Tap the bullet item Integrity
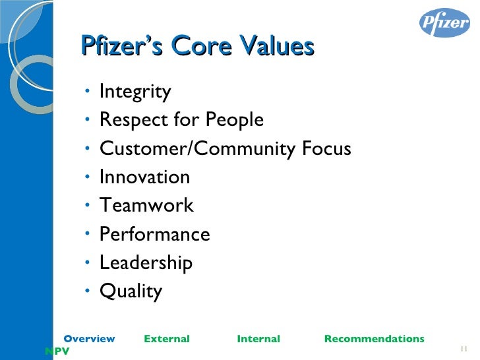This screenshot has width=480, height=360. (135, 92)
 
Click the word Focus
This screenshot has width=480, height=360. (326, 149)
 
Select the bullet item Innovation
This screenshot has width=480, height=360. (144, 177)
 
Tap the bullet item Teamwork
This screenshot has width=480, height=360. (146, 206)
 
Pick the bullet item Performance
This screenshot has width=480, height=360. (154, 234)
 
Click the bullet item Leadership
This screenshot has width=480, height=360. (146, 263)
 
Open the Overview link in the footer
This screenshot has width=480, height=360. (89, 339)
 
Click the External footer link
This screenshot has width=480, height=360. (166, 339)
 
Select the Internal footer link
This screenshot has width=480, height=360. (258, 339)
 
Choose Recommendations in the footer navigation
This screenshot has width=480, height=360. (374, 339)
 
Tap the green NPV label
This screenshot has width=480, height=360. (57, 352)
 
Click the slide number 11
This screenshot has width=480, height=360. (463, 349)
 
